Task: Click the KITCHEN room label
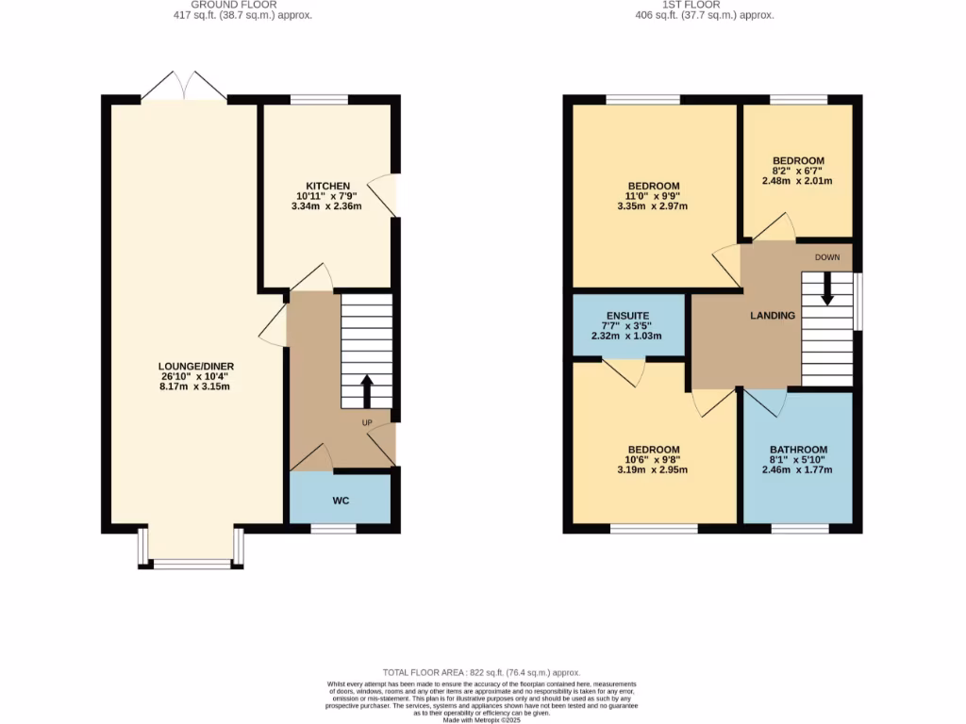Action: pos(327,186)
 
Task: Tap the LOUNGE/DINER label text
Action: pos(198,367)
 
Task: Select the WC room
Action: pos(341,500)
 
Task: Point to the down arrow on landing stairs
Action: pos(827,288)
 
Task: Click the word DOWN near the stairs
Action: pos(827,256)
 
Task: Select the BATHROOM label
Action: pos(798,450)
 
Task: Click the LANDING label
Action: pos(773,315)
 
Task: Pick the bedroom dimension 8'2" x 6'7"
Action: pos(798,171)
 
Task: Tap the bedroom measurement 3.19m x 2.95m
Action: pos(653,469)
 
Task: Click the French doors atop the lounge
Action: pos(184,86)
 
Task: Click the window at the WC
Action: pos(334,529)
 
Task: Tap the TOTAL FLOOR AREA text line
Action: pos(481,672)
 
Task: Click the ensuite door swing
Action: pos(625,372)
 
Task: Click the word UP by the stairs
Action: pos(368,422)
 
